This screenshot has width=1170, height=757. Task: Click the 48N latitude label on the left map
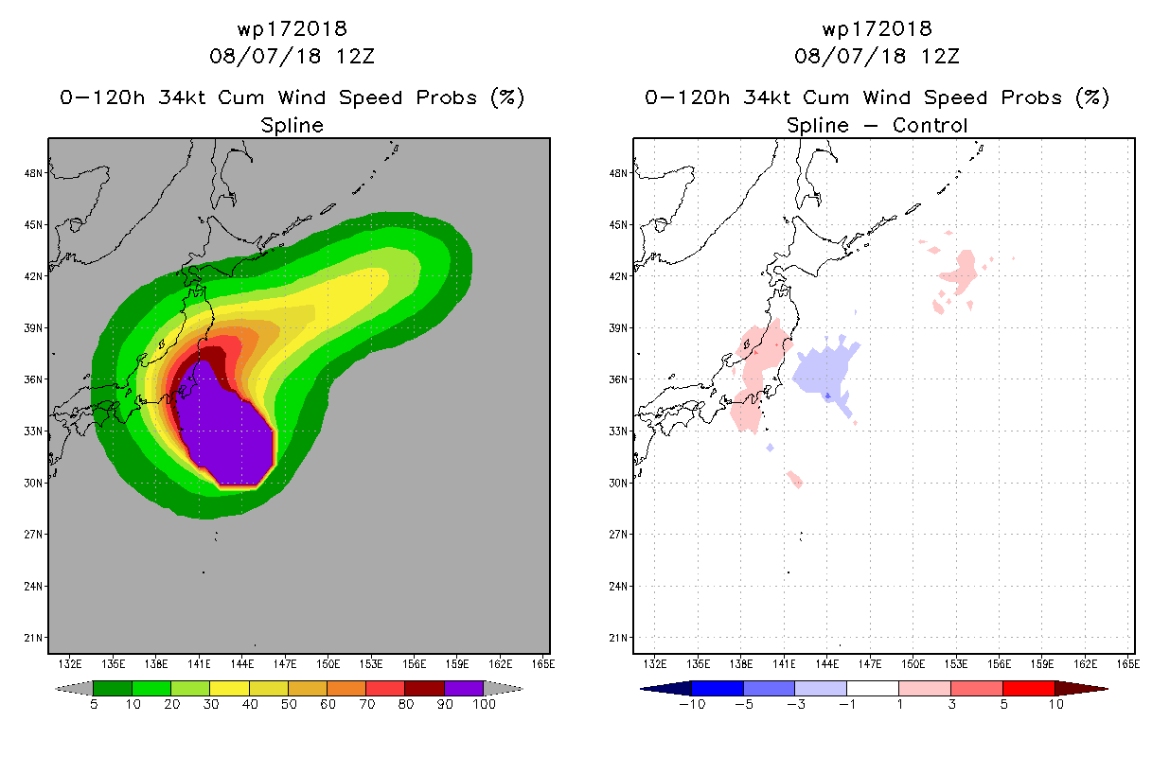33,173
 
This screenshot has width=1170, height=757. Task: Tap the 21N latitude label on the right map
618,638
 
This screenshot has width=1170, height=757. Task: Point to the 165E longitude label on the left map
543,664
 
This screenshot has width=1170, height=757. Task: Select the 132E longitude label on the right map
655,664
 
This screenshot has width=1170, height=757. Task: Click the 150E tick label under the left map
328,664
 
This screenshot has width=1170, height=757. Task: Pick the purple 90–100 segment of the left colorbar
464,689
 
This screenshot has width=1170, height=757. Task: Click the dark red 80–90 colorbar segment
425,689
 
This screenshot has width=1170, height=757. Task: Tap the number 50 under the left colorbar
289,705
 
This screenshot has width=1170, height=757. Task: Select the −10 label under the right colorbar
692,705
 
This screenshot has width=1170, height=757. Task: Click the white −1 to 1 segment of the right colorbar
873,689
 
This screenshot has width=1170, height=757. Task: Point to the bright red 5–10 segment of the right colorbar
1029,689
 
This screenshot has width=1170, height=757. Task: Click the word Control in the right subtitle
931,126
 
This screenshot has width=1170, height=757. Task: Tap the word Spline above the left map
292,126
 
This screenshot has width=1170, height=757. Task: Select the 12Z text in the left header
355,57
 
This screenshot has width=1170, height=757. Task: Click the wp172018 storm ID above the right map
877,29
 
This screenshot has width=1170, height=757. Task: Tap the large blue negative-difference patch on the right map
823,373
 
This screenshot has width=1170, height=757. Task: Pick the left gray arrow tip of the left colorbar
57,689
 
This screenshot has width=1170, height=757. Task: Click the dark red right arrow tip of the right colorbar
1107,689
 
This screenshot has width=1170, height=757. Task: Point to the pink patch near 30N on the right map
795,479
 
